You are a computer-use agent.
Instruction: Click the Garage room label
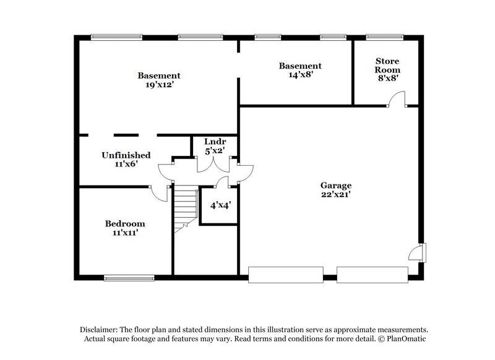pos(336,185)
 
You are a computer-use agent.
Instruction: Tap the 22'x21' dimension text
pos(336,195)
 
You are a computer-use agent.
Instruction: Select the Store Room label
pos(387,66)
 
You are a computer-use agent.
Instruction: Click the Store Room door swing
pos(397,99)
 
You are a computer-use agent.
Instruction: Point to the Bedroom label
pos(125,223)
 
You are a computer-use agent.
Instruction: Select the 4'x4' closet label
pos(218,204)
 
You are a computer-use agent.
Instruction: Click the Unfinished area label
pos(126,155)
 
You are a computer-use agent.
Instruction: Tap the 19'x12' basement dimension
pos(159,85)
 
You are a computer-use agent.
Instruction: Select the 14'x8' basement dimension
pos(300,75)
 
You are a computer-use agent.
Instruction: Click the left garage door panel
pos(285,274)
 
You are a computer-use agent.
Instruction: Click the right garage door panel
pos(372,274)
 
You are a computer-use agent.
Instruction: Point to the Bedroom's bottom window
pos(129,278)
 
